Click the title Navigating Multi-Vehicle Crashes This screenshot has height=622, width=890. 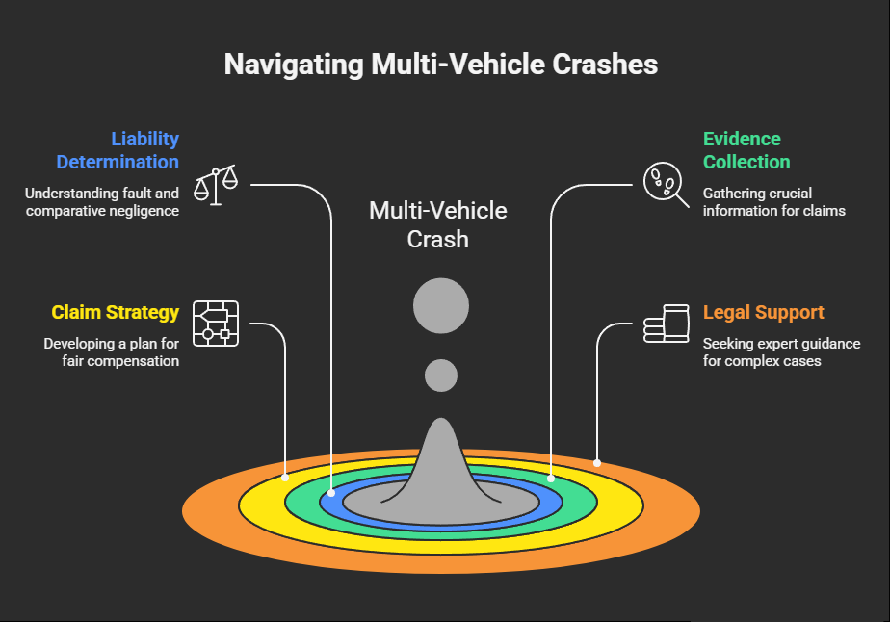coord(441,65)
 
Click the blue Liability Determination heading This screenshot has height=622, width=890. coord(118,150)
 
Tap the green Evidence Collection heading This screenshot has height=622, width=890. coord(746,150)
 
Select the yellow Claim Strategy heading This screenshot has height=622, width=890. coord(115,312)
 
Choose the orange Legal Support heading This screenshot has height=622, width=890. coord(763,312)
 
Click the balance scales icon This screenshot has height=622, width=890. coord(216,185)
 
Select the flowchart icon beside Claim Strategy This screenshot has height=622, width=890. coord(216,324)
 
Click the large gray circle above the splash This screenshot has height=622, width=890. coord(441,306)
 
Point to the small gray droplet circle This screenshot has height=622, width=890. coord(441,375)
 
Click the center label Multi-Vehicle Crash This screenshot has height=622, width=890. coord(438,224)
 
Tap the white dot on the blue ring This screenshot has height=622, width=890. coord(331,492)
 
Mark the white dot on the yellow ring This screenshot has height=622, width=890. coord(285,477)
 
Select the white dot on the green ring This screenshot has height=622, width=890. coord(551,478)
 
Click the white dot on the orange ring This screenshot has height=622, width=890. coord(597,463)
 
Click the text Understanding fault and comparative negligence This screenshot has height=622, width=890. coord(102,201)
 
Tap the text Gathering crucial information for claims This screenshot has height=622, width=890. coord(773,201)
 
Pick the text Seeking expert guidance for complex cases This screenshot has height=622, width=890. coord(781,351)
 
